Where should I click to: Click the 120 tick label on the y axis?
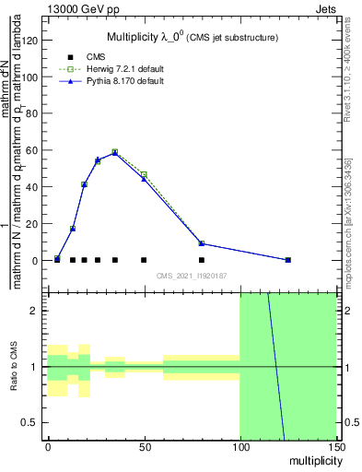point(26,41)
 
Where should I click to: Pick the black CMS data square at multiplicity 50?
point(144,260)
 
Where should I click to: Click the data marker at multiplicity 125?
point(287,260)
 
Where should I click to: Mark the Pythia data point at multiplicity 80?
point(202,243)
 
